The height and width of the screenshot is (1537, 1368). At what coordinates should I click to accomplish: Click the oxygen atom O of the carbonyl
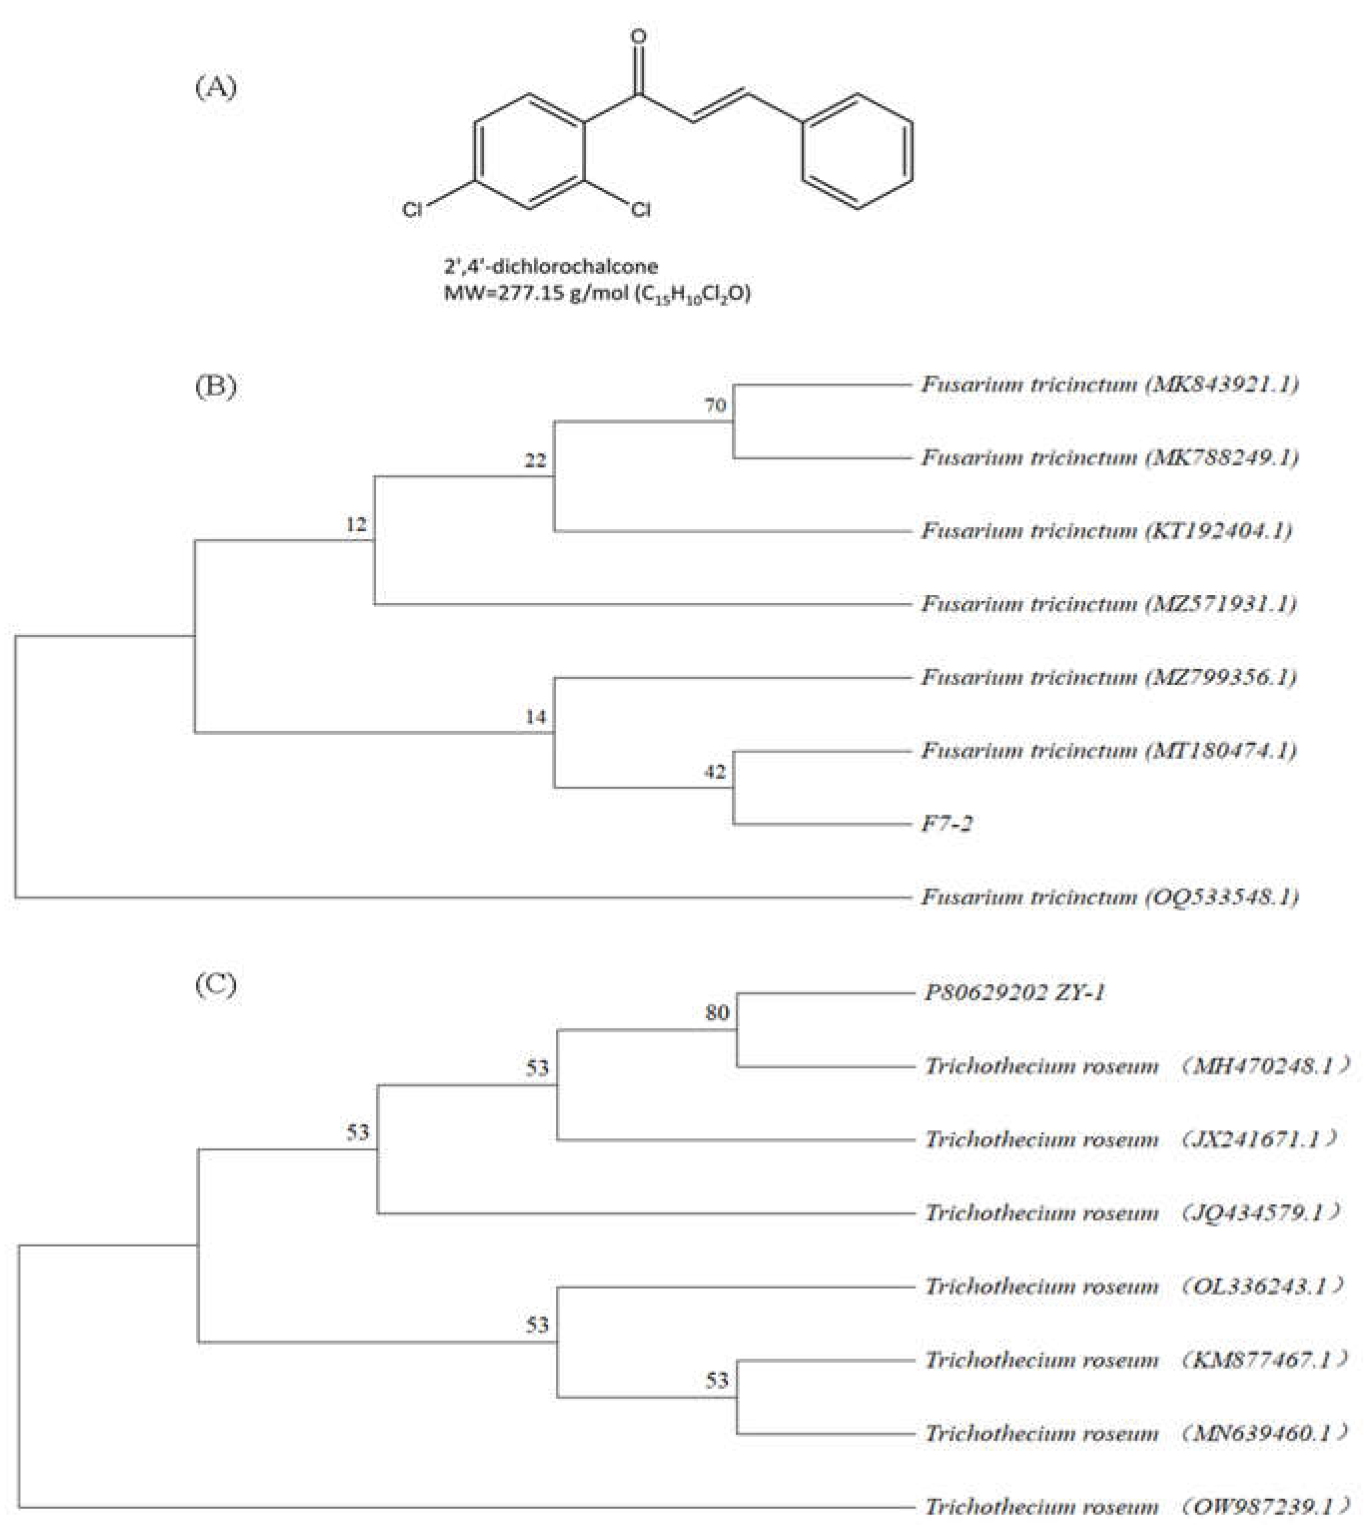638,36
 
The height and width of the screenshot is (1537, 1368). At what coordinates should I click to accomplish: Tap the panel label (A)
216,88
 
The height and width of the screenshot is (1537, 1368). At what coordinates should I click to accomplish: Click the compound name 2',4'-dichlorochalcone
550,266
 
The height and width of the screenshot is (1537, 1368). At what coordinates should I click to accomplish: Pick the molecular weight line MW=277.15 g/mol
596,293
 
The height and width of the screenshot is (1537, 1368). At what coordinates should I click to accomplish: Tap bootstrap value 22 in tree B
535,460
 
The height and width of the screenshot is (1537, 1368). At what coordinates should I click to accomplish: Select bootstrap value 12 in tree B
356,524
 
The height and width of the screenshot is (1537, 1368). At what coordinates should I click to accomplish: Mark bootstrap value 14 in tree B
535,718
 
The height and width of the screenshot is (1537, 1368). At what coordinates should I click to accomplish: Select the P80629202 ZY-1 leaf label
1014,993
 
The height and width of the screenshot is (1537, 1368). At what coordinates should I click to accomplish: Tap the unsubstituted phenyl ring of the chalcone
858,151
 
